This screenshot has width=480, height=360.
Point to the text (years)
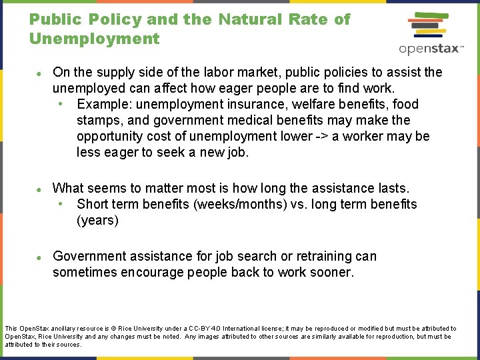click(97, 220)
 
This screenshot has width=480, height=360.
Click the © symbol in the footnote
click(114, 329)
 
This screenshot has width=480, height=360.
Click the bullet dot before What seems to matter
click(40, 189)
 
